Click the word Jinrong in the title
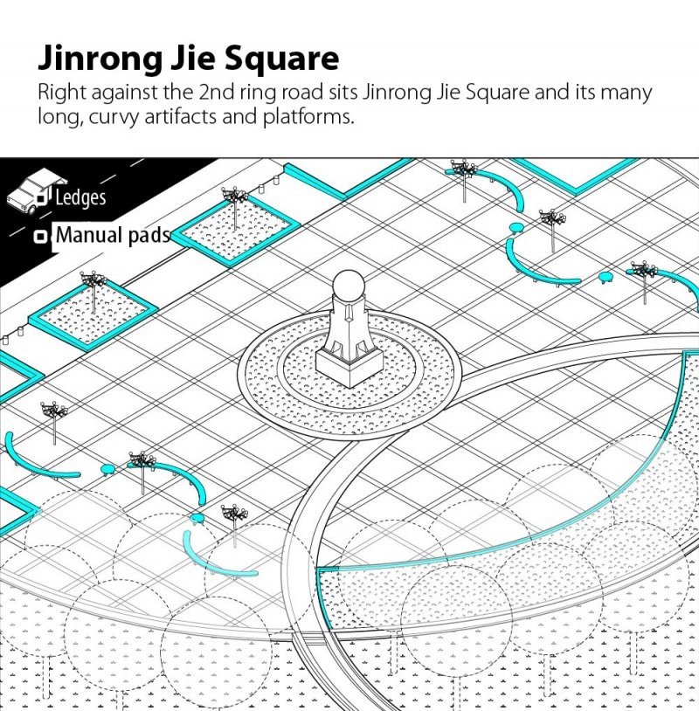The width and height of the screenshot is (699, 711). coord(100,59)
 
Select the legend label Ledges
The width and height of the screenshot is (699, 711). coord(80,197)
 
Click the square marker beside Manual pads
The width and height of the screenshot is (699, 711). coord(41,236)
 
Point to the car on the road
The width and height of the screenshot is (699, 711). coord(35,190)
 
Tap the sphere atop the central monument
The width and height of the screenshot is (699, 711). coord(349,286)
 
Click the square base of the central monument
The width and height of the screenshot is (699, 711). coord(349,364)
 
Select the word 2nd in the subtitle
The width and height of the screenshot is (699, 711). coord(217,92)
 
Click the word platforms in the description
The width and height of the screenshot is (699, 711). coord(308,117)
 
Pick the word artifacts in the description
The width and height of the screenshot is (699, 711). coord(180,116)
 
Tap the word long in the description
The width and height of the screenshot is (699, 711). coord(61,118)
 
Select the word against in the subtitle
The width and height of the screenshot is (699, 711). coord(125,93)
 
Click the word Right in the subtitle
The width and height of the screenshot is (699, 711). coord(62,93)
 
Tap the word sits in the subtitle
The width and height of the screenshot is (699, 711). coord(343,92)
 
